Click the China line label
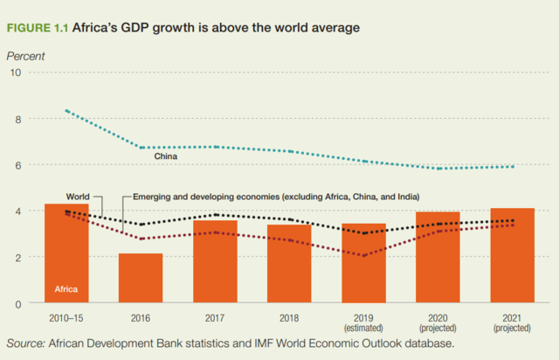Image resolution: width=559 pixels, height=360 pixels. tap(166, 156)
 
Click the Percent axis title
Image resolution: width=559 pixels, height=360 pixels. tap(25, 56)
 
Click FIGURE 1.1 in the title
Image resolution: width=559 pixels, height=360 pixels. tap(37, 28)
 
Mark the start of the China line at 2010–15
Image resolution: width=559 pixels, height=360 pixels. tap(66, 111)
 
